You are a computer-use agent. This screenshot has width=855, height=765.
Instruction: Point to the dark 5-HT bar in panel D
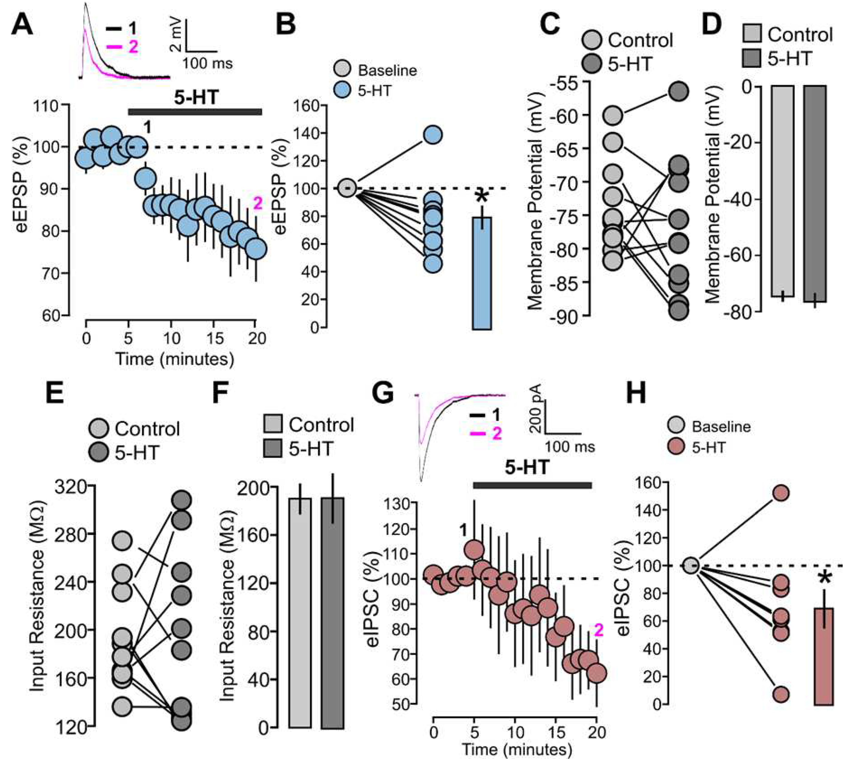tap(815, 193)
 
